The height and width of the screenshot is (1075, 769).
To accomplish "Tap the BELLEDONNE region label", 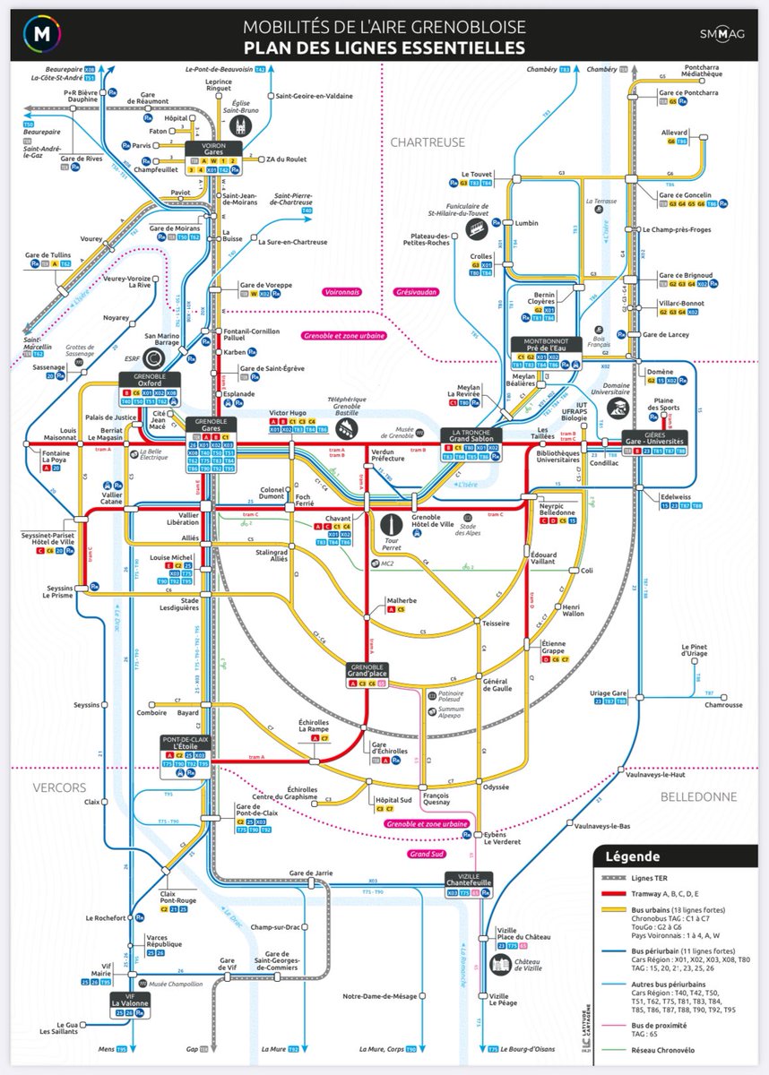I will pyautogui.click(x=697, y=795).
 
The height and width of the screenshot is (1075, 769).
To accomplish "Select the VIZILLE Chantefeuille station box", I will pyautogui.click(x=470, y=881).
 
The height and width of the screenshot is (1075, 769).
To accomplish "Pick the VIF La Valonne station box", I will pyautogui.click(x=129, y=999).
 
